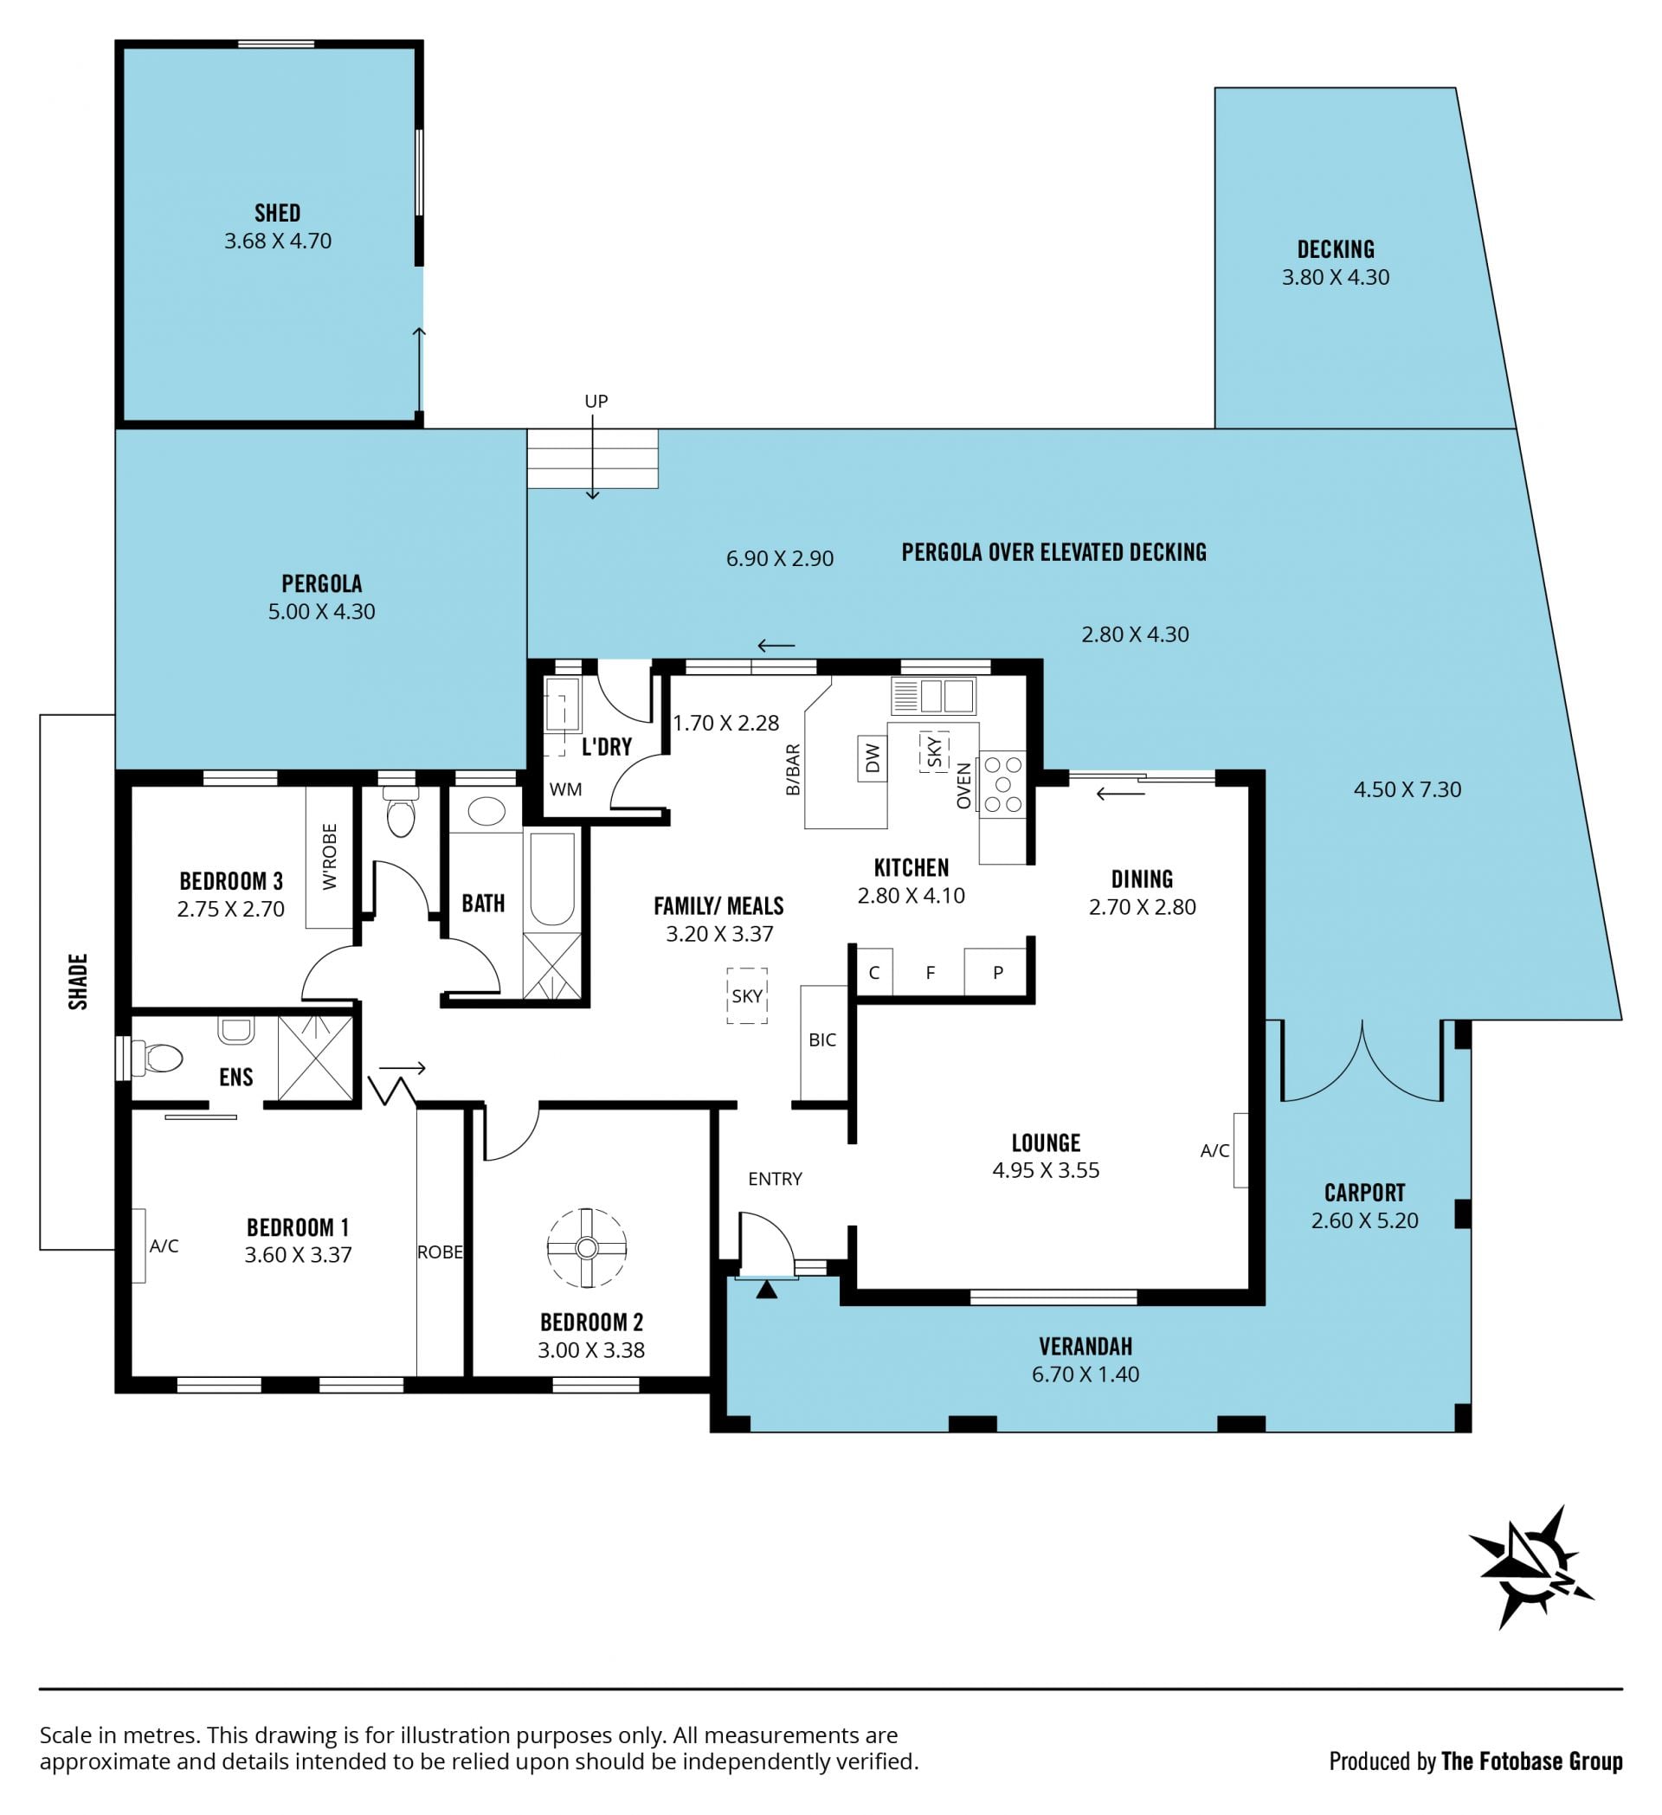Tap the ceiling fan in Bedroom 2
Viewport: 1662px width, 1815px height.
587,1248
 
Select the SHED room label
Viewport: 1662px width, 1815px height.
277,214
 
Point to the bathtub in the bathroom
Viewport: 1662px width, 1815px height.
552,879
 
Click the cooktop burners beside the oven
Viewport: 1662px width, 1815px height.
1003,784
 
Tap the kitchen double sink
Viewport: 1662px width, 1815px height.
933,697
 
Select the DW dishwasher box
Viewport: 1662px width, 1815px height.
873,758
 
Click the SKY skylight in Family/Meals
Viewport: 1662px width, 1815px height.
746,995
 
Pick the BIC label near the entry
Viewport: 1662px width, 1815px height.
822,1039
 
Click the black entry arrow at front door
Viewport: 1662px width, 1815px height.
766,1290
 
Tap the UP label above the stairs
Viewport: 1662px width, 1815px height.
596,401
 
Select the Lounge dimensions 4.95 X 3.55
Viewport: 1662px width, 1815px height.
1046,1170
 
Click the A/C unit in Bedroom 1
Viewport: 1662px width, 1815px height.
139,1245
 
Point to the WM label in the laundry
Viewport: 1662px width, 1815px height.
565,789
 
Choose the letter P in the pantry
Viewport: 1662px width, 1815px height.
997,972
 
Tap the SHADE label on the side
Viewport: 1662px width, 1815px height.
78,982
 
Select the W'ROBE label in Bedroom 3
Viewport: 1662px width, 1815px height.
330,856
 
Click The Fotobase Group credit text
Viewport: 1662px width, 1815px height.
1531,1761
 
